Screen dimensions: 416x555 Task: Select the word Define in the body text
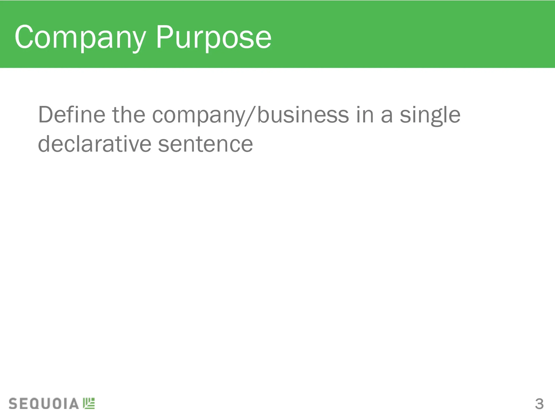tap(72, 115)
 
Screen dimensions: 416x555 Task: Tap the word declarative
tap(95, 144)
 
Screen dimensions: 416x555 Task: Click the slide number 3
tap(539, 404)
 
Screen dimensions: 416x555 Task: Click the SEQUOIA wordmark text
tap(44, 403)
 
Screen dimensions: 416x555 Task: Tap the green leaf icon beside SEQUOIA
tap(89, 403)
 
